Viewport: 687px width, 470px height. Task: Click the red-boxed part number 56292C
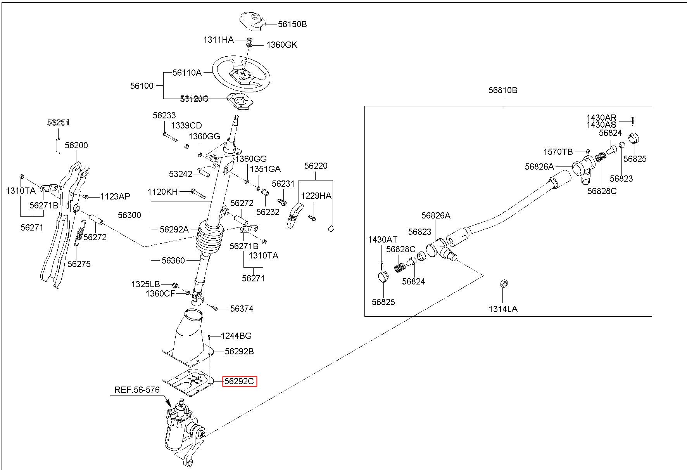pos(239,382)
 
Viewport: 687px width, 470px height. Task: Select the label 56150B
pos(292,24)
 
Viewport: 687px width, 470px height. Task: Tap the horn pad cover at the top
pos(253,21)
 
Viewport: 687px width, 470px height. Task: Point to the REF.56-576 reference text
pos(137,390)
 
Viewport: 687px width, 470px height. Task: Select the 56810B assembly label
pos(503,90)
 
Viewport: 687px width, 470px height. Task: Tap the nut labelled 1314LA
pos(504,284)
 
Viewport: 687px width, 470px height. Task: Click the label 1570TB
pos(558,152)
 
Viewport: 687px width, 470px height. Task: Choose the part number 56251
pos(58,123)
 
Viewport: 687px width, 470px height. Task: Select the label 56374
pos(242,309)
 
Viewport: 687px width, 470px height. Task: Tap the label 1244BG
pos(236,336)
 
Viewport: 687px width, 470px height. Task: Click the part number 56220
pos(316,166)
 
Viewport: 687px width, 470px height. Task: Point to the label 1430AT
pos(383,239)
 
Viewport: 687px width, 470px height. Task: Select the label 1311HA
pos(219,40)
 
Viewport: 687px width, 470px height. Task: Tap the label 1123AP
pos(115,196)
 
